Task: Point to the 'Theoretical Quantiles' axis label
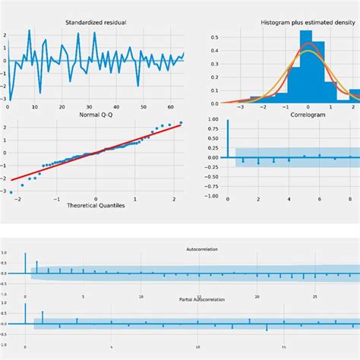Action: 96,207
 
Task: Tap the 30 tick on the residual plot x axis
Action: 89,107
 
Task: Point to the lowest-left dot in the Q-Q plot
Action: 11,192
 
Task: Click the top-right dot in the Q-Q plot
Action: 181,122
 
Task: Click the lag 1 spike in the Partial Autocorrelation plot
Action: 43,317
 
